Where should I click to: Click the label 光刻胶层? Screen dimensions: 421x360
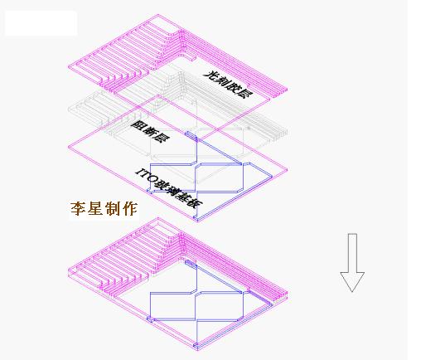[228, 85]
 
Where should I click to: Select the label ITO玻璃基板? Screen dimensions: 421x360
[169, 188]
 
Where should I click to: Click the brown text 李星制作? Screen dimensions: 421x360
[104, 209]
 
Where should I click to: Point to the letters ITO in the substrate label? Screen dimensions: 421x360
[147, 176]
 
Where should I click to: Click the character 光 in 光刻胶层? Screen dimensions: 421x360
[210, 75]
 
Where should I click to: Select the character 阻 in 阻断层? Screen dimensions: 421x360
[136, 124]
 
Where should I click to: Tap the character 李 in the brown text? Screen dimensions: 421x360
[78, 209]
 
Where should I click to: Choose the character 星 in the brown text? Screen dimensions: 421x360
[95, 209]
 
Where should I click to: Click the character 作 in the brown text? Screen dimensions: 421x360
[130, 209]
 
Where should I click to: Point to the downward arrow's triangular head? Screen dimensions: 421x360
[352, 281]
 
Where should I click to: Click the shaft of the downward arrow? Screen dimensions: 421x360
[352, 253]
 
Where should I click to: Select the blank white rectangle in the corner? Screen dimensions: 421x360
[41, 23]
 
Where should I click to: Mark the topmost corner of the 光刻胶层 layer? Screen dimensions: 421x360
[158, 14]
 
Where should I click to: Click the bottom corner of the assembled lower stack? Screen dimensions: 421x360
[197, 350]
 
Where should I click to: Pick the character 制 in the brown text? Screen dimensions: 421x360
[113, 209]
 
